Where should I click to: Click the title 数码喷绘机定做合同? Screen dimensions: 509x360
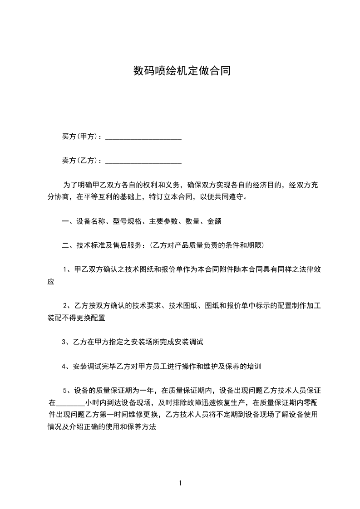(x=182, y=71)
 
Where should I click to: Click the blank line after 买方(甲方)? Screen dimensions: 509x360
(x=143, y=137)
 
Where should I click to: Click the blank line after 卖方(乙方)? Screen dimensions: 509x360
(x=143, y=162)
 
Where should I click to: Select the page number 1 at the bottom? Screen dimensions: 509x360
(x=180, y=483)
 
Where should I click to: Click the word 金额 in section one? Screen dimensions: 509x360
(x=214, y=221)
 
